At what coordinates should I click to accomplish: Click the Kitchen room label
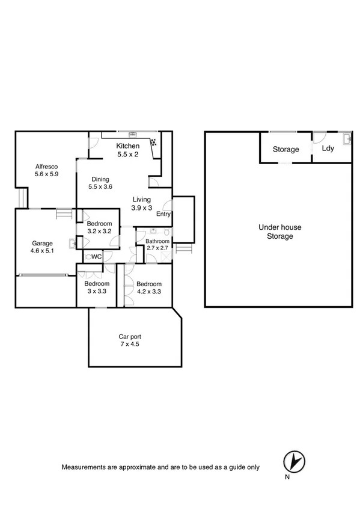point(127,146)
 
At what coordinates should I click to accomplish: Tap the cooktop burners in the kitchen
point(154,143)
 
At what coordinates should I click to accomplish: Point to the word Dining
point(100,179)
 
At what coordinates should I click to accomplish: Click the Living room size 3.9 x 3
point(142,208)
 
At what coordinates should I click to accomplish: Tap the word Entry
point(163,214)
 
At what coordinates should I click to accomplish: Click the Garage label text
point(42,244)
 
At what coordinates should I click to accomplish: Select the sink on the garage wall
point(72,244)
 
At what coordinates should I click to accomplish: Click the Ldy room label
point(328,149)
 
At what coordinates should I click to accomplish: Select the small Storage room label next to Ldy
point(285,149)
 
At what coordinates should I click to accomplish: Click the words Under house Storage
point(279,232)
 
